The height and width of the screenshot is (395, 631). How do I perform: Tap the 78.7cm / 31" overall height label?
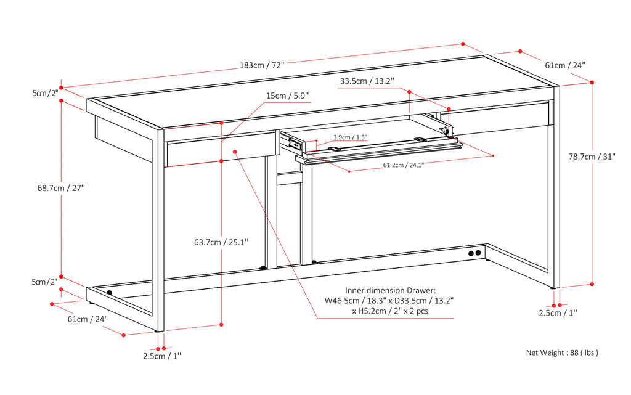point(592,157)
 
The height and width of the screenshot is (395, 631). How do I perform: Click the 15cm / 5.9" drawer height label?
point(288,96)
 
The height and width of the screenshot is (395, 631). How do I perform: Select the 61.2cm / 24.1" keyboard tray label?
point(403,165)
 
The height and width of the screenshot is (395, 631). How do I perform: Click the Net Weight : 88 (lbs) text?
point(562,353)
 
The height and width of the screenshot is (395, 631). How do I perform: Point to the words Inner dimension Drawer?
point(389,290)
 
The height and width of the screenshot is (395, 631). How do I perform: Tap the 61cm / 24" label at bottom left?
point(88,319)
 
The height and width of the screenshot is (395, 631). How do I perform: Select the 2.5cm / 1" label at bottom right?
point(558,313)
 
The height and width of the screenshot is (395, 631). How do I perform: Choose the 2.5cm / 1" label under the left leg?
point(162,356)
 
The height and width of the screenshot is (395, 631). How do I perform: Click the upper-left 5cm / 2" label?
point(45,93)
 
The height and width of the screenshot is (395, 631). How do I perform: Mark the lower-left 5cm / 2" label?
point(45,282)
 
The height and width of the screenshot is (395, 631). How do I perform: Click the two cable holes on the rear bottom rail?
point(474,253)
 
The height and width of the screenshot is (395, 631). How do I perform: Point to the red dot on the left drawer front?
point(235,151)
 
